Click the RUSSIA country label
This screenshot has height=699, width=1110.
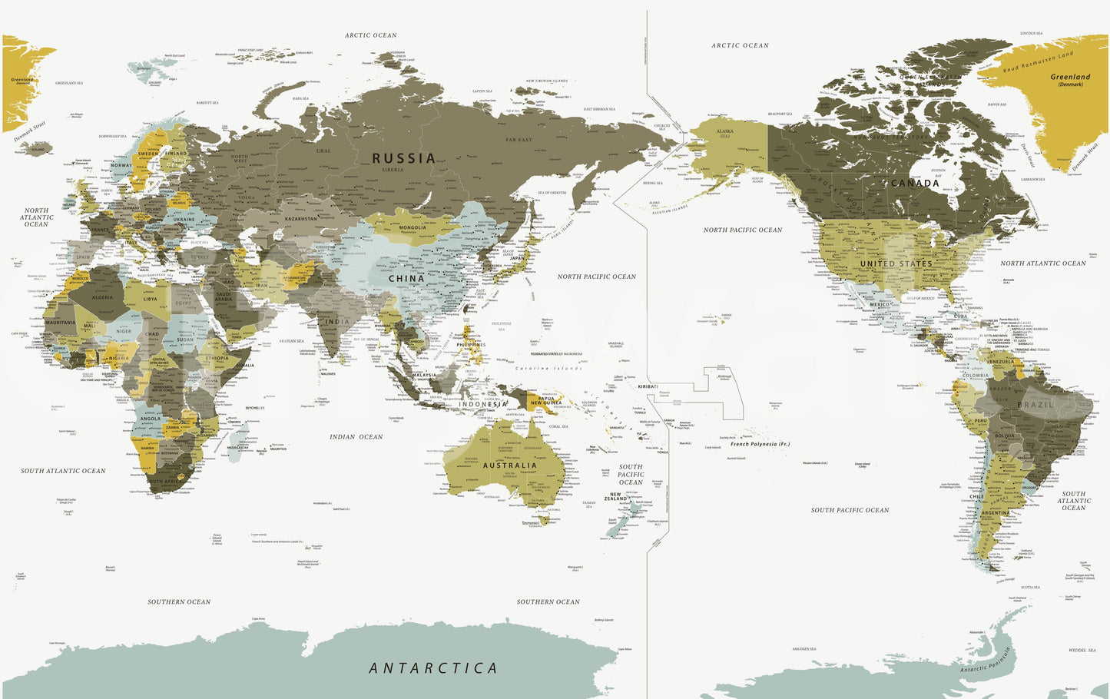coord(404,158)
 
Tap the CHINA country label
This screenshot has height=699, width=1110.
coord(406,279)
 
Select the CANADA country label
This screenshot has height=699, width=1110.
coord(914,184)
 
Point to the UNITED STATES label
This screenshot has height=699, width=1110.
coord(896,263)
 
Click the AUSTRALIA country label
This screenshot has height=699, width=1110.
coord(510,465)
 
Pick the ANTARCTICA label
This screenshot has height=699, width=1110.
coord(433,668)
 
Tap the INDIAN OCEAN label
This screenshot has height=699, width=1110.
coord(356,437)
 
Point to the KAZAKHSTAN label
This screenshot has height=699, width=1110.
coord(301,220)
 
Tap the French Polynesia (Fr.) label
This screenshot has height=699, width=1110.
coord(760,444)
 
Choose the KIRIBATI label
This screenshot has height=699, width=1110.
coord(648,386)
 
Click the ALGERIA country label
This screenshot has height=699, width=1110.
coord(102,297)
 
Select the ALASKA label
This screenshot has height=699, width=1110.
coord(724,131)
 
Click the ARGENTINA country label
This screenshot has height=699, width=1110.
coord(996,512)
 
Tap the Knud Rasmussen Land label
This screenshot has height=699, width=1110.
coord(1037,62)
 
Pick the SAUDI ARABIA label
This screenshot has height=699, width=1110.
coord(224,297)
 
